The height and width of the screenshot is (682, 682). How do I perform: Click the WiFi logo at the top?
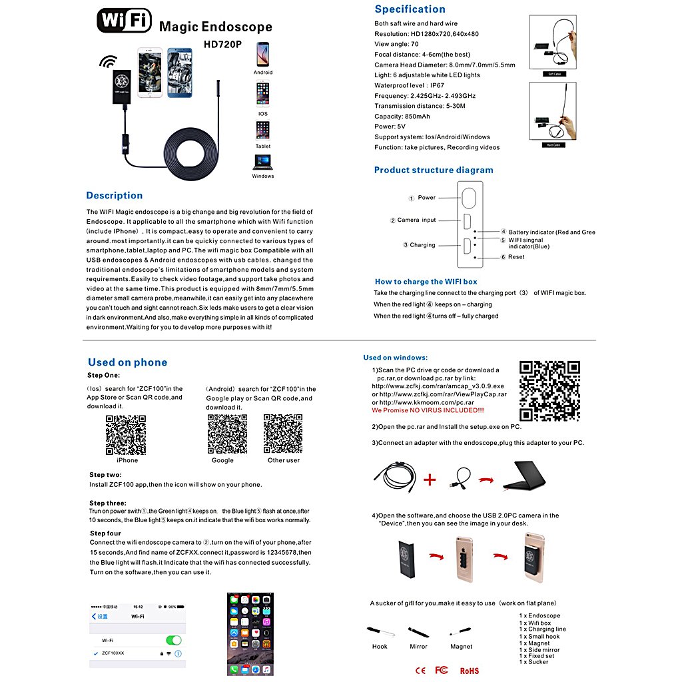125,21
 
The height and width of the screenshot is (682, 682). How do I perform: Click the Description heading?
114,195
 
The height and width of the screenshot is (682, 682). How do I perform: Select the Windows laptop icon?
262,162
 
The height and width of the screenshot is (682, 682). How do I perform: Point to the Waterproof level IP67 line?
409,85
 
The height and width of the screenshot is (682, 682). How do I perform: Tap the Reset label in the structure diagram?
516,257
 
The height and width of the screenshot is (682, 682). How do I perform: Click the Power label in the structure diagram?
426,198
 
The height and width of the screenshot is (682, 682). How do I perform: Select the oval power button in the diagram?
470,198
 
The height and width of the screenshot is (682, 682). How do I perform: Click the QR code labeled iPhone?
126,434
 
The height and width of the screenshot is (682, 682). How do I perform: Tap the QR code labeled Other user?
283,434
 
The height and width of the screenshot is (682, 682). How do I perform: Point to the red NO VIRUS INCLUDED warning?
428,411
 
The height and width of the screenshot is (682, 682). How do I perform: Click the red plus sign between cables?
431,479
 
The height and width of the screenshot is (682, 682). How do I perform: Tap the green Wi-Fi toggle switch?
173,640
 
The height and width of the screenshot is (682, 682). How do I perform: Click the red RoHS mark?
469,671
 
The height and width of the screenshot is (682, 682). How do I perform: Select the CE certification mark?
420,670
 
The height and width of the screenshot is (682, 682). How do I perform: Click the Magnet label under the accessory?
461,647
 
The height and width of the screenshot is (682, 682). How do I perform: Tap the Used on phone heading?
127,362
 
